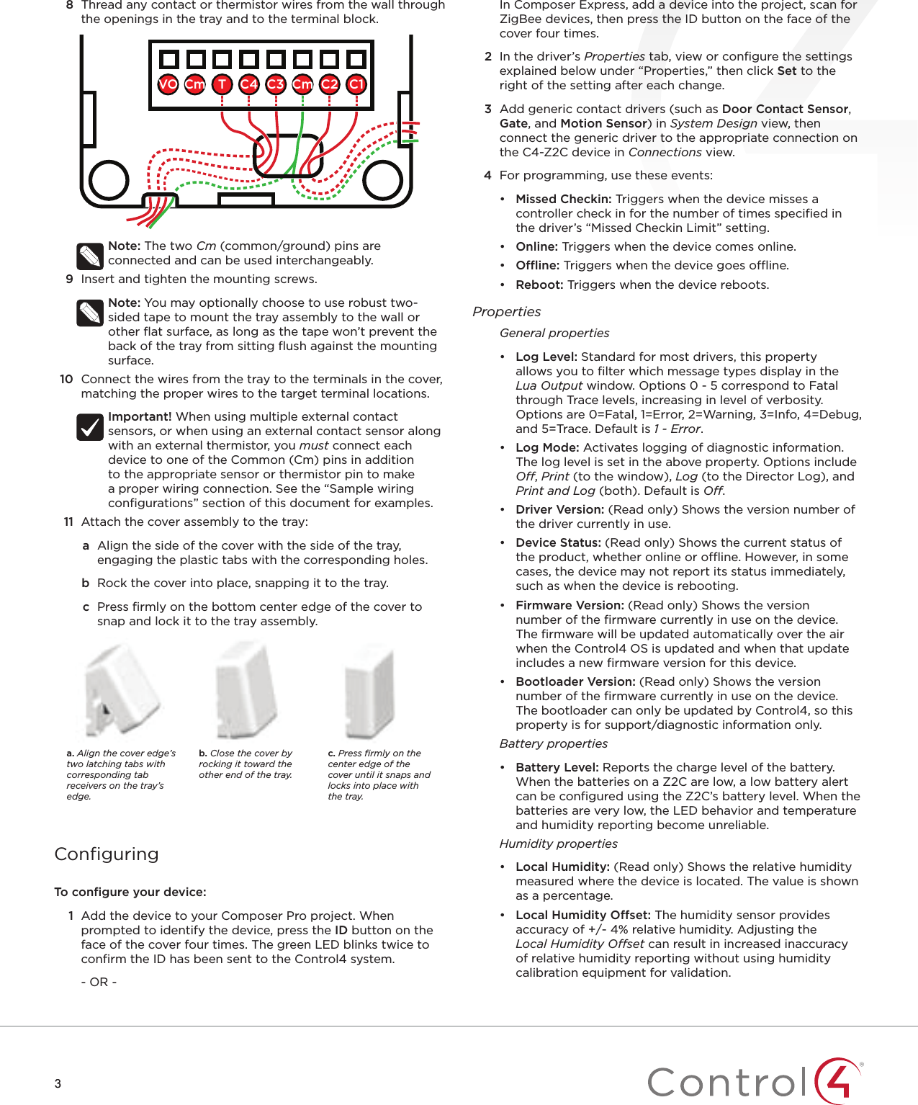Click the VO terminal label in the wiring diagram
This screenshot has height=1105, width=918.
(168, 84)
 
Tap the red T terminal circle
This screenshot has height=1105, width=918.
(222, 84)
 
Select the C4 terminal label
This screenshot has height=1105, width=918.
(248, 84)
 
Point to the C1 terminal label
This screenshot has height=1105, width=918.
(356, 84)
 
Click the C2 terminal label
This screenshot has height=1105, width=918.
(329, 84)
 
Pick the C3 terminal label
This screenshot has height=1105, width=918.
(275, 84)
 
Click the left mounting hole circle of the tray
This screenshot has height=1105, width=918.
(109, 179)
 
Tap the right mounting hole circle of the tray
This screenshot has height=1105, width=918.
(382, 179)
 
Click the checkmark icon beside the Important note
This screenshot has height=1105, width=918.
(90, 427)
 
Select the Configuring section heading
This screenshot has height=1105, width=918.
(107, 854)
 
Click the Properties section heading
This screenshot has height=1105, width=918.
(506, 312)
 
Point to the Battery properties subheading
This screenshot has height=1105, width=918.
(553, 744)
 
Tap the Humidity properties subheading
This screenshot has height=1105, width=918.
(558, 844)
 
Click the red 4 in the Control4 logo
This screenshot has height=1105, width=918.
(839, 1080)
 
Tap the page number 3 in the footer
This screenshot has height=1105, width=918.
(58, 1083)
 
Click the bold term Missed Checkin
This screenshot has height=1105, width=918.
(563, 200)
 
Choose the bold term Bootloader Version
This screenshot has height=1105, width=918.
(575, 682)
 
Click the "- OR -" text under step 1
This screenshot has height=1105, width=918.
(99, 983)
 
